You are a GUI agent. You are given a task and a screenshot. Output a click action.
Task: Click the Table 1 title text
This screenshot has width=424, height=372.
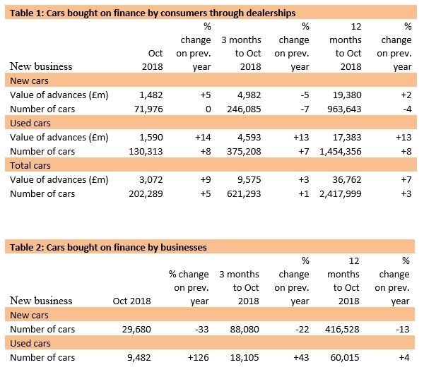tap(150, 13)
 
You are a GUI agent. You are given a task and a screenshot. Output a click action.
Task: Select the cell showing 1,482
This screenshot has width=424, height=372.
tap(151, 95)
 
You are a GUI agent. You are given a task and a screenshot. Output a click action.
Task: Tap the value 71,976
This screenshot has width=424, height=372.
tap(148, 109)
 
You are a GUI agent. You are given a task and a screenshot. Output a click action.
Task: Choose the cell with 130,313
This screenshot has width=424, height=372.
tap(145, 152)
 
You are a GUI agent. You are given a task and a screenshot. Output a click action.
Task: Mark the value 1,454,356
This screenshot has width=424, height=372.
tap(336, 152)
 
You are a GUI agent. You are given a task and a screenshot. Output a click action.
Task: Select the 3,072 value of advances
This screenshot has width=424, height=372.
tap(151, 181)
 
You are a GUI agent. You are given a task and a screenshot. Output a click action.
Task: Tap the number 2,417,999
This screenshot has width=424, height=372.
tap(336, 196)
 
